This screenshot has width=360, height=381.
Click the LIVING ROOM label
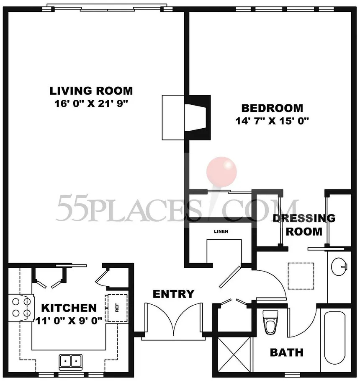tap(91, 91)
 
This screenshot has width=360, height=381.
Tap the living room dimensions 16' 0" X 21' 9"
tap(91, 104)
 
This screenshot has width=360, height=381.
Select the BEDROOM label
tap(272, 108)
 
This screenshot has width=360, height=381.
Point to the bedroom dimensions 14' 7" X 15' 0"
tap(272, 121)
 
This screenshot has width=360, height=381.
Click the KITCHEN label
tap(69, 308)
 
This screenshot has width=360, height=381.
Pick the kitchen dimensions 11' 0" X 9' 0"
tap(69, 321)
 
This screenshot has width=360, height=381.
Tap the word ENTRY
tap(174, 294)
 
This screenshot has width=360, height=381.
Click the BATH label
tap(287, 352)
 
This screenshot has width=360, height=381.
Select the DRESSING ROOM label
tap(304, 225)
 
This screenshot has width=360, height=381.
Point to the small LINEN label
tap(221, 231)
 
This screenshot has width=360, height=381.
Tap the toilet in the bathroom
tap(270, 322)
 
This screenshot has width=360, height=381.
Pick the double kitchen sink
tap(70, 361)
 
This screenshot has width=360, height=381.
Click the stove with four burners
tap(21, 308)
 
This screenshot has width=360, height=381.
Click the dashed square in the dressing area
tap(301, 276)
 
